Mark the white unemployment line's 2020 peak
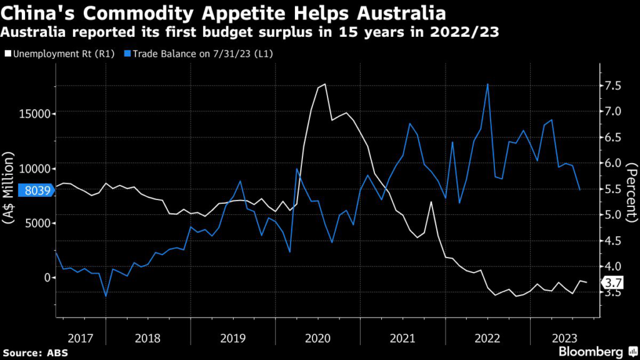[x=325, y=84]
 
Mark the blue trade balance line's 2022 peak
[x=487, y=84]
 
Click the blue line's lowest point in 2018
[x=106, y=296]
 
